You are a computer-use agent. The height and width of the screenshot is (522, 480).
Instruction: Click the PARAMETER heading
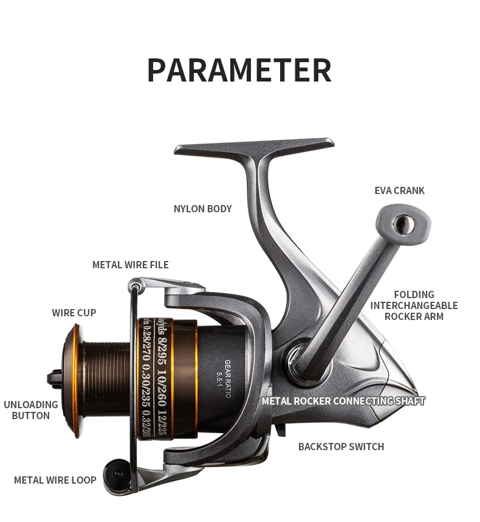tap(239, 71)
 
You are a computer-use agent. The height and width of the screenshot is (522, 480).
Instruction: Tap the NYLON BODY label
tap(202, 209)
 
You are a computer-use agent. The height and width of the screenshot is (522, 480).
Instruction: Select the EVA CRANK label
tap(399, 190)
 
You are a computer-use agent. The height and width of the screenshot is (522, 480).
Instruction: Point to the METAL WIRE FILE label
tap(130, 265)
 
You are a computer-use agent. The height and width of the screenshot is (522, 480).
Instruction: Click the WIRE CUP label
tap(74, 313)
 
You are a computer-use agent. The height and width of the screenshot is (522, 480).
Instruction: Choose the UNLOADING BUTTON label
tap(30, 410)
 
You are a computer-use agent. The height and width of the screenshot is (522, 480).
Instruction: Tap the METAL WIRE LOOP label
tap(55, 480)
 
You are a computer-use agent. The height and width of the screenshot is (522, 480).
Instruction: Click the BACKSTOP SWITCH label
tap(341, 447)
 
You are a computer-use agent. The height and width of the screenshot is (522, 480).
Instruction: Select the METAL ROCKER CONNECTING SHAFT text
tap(343, 401)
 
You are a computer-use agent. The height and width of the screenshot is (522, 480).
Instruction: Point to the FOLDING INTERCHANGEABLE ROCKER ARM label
tap(414, 305)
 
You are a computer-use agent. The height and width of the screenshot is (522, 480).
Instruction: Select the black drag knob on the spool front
tap(55, 379)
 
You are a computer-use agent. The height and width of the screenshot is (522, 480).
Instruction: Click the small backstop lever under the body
tap(280, 430)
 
